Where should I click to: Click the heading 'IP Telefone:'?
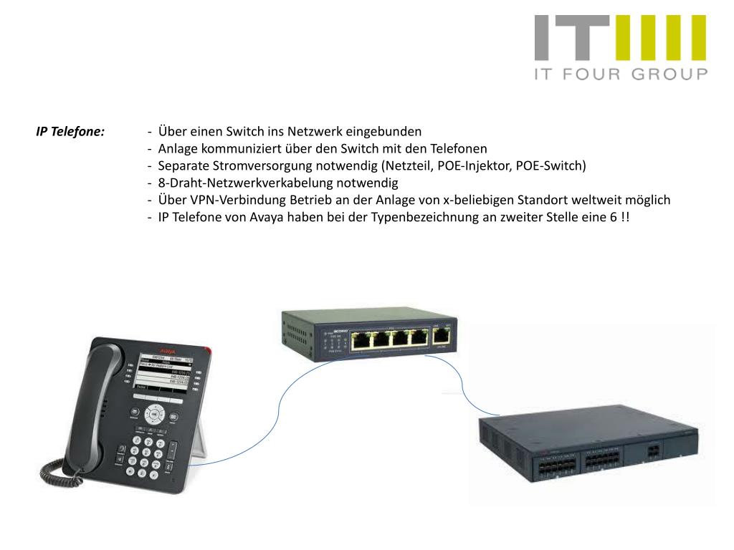[70, 132]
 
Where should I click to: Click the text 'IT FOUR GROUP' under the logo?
[621, 74]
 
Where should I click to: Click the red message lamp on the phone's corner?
[208, 350]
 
